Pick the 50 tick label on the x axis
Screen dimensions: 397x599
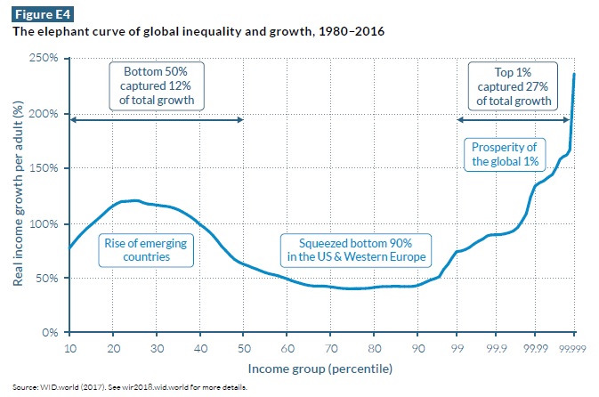[x=243, y=349]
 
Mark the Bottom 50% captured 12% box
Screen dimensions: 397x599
[x=157, y=85]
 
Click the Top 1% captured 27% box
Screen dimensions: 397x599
[x=513, y=85]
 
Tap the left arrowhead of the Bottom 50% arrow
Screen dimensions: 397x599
[x=73, y=120]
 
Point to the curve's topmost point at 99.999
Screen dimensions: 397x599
[x=574, y=74]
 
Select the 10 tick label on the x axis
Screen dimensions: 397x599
[x=69, y=349]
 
